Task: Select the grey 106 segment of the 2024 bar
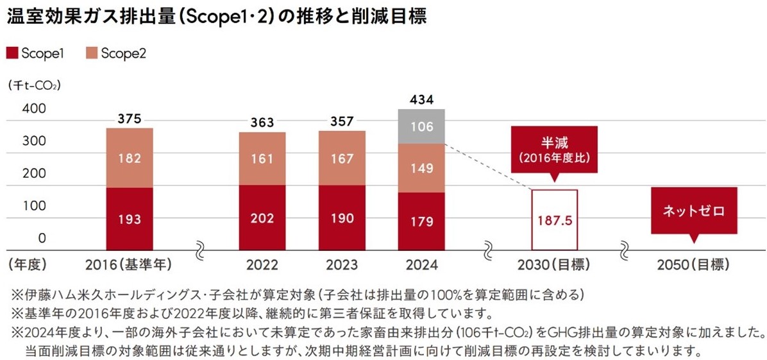coord(421,126)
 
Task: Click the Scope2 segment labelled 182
coord(130,158)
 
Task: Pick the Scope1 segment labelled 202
coord(262,218)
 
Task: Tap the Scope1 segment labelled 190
coord(342,218)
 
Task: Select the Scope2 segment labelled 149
coord(421,168)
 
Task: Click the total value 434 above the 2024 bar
coord(421,99)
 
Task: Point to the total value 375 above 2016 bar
coord(130,119)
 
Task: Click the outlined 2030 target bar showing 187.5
coord(555,219)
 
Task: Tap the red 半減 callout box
coord(555,150)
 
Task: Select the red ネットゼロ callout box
coord(693,210)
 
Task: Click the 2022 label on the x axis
coord(262,264)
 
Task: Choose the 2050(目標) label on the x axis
coord(693,264)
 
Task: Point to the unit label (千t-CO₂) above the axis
coord(35,84)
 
